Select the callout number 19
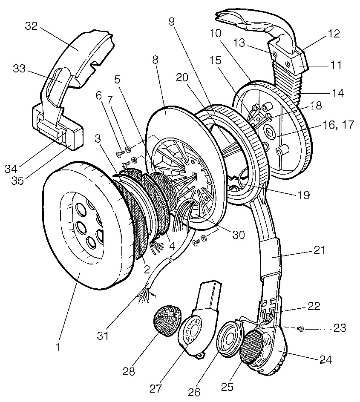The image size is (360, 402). coord(304,196)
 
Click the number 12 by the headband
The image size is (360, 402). coord(334,34)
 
